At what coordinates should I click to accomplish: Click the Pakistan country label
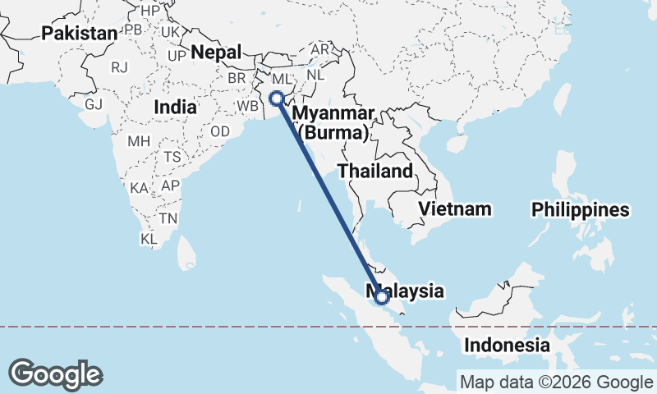tap(80, 34)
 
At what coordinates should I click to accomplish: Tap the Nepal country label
tap(216, 53)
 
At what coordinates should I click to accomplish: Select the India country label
tap(175, 107)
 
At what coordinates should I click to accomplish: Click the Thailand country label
tap(374, 172)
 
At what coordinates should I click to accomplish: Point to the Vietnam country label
tap(454, 208)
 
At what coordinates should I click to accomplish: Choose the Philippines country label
tap(580, 210)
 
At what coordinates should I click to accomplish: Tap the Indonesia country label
tap(506, 345)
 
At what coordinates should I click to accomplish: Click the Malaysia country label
tap(411, 291)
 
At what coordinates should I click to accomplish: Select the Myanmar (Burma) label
tap(334, 122)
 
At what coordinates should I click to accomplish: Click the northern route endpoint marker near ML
tap(277, 99)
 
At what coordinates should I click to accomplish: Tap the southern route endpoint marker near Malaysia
tap(382, 296)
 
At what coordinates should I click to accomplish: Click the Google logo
tap(56, 374)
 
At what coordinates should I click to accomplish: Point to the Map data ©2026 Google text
tap(556, 382)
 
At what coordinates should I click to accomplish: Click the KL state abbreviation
tap(149, 240)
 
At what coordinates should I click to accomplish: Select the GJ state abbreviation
tap(94, 105)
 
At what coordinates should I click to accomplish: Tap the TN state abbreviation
tap(168, 218)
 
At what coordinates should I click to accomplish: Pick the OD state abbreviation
tap(220, 132)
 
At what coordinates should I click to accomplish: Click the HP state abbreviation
tap(150, 11)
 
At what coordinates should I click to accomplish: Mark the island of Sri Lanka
tap(187, 253)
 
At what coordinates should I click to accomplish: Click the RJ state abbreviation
tap(121, 67)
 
